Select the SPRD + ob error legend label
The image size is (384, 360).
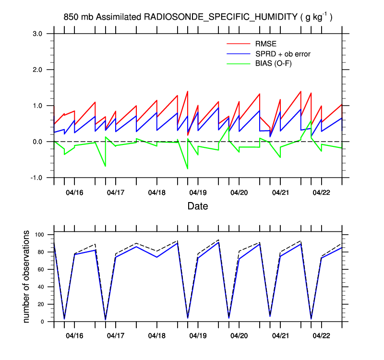coord(283,54)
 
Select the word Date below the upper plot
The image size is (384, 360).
coord(198,206)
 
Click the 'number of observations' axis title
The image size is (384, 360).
coord(26,276)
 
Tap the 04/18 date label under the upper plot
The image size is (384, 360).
coord(156,192)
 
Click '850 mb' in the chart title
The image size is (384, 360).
coord(78,17)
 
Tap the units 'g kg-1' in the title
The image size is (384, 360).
coord(316,17)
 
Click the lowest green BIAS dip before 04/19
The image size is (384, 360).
coord(187,168)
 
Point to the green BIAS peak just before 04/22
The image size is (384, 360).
coord(311,121)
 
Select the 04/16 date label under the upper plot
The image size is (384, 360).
coord(74,192)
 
